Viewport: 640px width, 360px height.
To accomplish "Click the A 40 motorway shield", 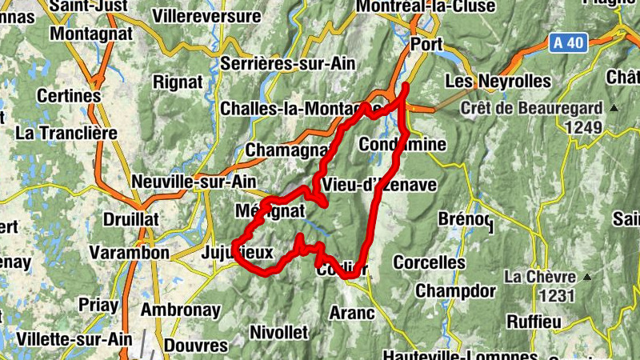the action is [568, 43].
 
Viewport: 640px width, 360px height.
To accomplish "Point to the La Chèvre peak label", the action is [540, 277].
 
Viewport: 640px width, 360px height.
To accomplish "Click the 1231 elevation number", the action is [558, 295].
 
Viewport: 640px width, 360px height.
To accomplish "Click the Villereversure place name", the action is [206, 15].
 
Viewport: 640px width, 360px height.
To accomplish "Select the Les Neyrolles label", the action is [498, 82].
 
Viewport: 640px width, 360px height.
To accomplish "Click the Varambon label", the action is [129, 253].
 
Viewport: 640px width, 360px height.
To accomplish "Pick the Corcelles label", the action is [429, 262].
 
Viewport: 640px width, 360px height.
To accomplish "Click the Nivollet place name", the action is [279, 331].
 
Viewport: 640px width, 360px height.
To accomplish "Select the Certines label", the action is [74, 96].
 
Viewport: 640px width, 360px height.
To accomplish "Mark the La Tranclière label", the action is [66, 132].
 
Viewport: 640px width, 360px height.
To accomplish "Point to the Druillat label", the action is [130, 219].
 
